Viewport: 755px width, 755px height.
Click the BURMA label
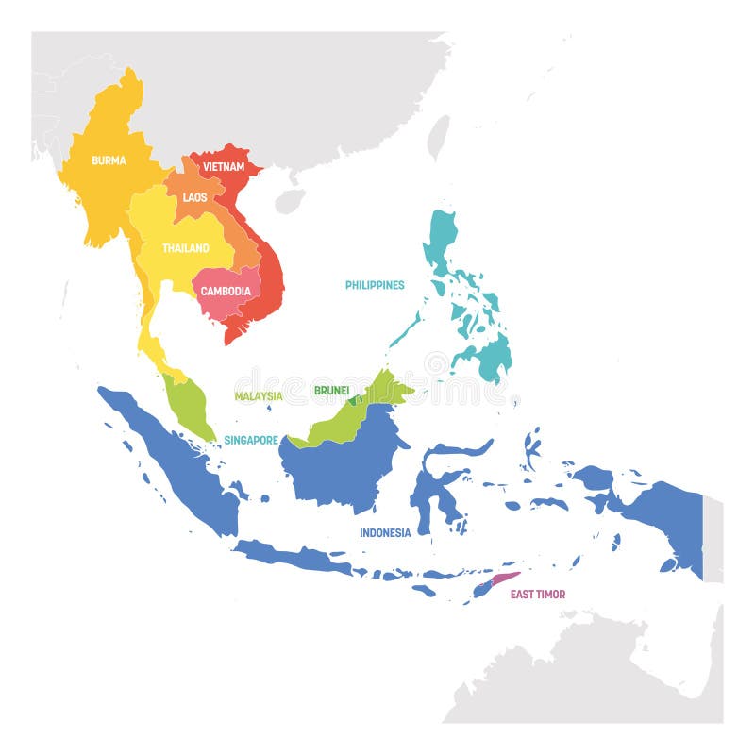point(109,160)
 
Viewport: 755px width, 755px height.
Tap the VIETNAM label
point(224,167)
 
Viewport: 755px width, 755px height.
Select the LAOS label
point(195,197)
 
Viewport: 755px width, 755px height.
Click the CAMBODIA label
point(226,292)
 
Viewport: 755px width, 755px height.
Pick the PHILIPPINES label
point(375,285)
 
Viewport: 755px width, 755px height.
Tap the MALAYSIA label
point(259,396)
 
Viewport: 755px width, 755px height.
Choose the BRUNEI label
point(332,390)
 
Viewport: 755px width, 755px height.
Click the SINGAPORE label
point(251,440)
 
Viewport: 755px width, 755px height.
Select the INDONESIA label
point(385,533)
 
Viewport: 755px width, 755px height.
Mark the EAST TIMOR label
point(538,595)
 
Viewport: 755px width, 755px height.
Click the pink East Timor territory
point(504,579)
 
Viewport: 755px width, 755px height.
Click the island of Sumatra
point(179,462)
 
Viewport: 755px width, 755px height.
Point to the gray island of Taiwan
point(439,139)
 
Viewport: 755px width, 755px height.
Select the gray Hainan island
point(290,200)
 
